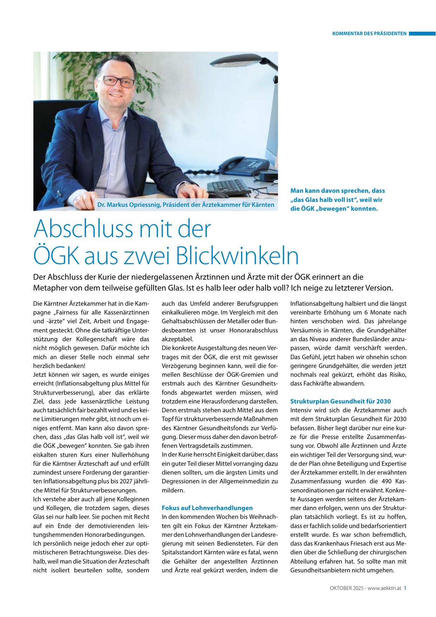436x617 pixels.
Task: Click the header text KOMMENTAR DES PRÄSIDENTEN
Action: [x=369, y=34]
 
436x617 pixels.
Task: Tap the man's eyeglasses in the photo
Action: [x=119, y=82]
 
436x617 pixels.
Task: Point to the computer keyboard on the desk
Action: [x=232, y=187]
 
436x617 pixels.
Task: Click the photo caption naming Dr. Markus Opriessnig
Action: [x=188, y=204]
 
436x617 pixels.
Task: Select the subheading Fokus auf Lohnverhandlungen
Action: [x=207, y=508]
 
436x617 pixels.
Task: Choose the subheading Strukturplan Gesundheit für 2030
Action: [x=340, y=401]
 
